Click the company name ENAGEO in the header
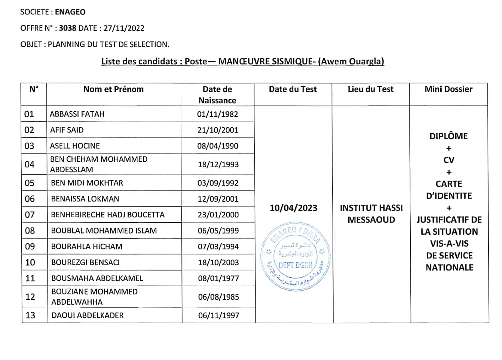tap(70, 12)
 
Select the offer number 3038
tap(67, 28)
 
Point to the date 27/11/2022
tap(124, 28)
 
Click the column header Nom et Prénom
tap(113, 89)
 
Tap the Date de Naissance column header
tap(217, 95)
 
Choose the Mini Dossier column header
tap(448, 89)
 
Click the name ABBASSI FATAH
tap(77, 114)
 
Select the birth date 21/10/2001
tap(218, 130)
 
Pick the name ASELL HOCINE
tap(75, 146)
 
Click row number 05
tap(30, 183)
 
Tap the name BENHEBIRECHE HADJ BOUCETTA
tap(108, 215)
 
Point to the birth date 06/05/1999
tap(218, 231)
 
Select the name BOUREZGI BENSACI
tap(85, 262)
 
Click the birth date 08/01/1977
tap(219, 278)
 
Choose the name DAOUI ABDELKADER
tap(87, 316)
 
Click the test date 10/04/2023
tap(293, 208)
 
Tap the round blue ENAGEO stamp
tap(295, 256)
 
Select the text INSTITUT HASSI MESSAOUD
tap(371, 214)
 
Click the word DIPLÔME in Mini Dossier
tap(448, 136)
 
